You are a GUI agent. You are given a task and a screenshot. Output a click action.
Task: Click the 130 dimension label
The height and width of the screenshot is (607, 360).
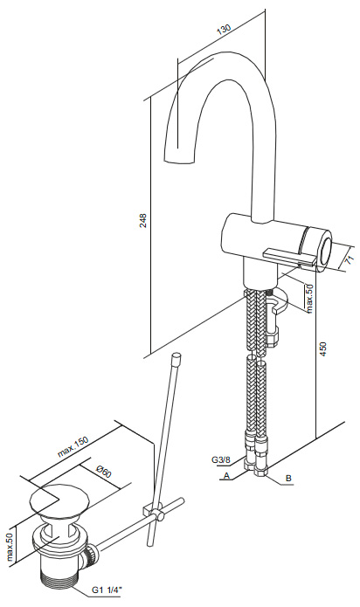click(224, 31)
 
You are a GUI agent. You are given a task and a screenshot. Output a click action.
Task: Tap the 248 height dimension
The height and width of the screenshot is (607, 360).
click(143, 220)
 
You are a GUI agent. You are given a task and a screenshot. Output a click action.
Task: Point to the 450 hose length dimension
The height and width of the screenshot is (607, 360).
click(323, 349)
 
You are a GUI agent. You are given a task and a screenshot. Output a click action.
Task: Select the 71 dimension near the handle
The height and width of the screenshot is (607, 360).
click(350, 259)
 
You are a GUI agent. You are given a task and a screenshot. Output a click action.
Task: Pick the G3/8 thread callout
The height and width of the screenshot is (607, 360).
click(221, 459)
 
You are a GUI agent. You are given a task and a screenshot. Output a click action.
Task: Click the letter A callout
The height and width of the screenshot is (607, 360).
click(227, 475)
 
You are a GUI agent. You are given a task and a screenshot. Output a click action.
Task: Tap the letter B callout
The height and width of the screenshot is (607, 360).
click(288, 478)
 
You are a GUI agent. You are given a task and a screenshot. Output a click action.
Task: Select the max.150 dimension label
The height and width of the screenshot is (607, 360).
click(73, 446)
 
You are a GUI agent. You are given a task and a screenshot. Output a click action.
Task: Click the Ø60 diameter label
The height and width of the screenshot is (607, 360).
click(104, 471)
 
